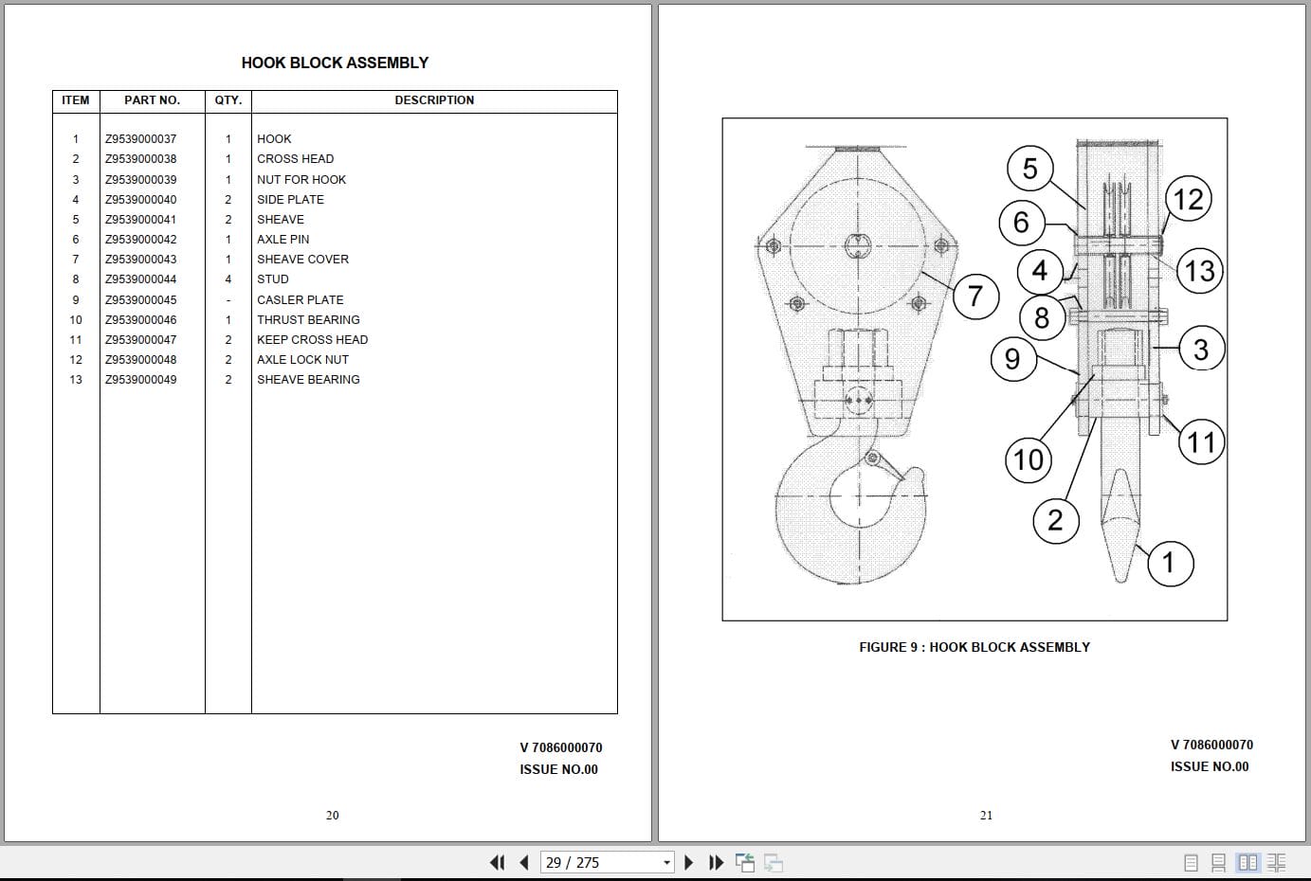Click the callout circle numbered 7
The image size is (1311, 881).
[975, 296]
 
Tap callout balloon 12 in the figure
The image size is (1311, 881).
[1188, 199]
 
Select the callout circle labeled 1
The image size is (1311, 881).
[1170, 564]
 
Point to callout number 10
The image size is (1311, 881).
[1029, 459]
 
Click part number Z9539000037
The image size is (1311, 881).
[140, 139]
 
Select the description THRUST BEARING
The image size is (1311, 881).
[308, 320]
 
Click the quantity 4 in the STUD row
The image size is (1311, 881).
[228, 279]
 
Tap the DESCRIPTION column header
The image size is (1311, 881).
[434, 100]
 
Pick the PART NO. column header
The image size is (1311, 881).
[153, 100]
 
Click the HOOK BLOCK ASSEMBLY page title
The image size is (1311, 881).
[335, 63]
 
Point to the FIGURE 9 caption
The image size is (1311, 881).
[974, 647]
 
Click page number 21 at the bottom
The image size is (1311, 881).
[986, 815]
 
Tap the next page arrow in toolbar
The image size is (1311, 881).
[688, 862]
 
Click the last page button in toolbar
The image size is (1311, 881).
[716, 862]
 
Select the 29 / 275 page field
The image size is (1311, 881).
[607, 862]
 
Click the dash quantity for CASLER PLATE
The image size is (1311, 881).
[228, 300]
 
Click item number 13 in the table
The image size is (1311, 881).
[76, 380]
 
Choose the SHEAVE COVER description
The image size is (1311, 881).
[302, 260]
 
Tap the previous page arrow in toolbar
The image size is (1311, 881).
[524, 862]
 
